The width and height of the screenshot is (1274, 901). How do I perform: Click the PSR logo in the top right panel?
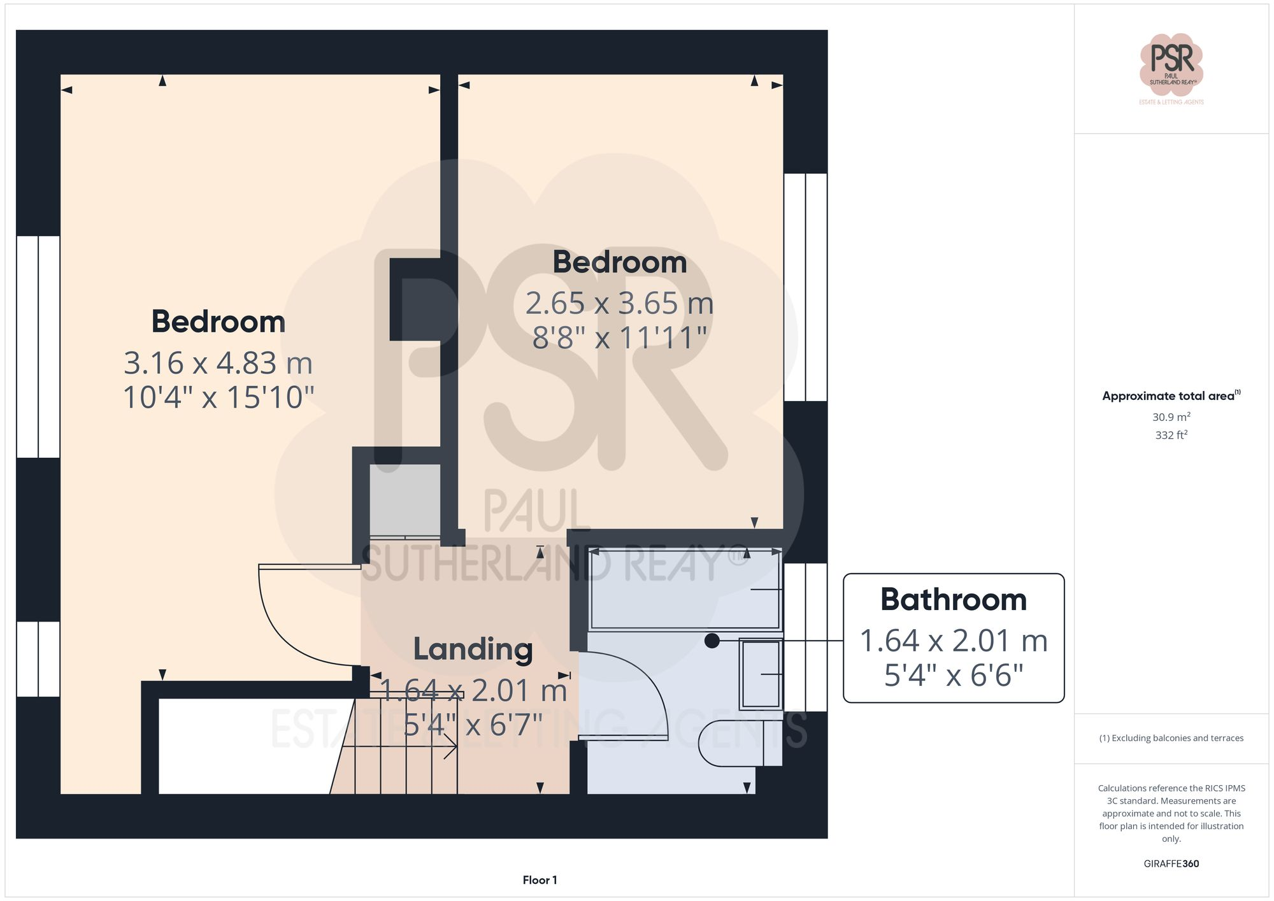(1171, 66)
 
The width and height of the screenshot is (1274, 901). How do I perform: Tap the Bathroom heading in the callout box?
(953, 600)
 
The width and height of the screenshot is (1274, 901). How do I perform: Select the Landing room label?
(473, 649)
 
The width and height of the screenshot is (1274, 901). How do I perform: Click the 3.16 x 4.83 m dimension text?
(218, 364)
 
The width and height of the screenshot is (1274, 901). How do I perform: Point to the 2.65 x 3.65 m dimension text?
(619, 304)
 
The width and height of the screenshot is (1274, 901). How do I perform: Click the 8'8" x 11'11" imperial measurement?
(619, 338)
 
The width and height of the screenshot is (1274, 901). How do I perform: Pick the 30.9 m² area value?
(1171, 417)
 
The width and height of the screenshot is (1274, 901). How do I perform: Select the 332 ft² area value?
(1171, 435)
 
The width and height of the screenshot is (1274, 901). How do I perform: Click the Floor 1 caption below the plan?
(540, 880)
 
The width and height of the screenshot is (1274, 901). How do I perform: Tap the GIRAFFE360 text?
(1171, 863)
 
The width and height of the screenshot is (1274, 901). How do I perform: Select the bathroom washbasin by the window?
(761, 674)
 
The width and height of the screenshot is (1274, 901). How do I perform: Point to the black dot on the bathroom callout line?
(712, 641)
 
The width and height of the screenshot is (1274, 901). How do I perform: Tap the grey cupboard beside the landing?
(405, 500)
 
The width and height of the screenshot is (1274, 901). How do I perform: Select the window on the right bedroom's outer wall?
(805, 287)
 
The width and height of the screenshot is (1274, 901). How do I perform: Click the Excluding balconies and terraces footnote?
(1171, 738)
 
